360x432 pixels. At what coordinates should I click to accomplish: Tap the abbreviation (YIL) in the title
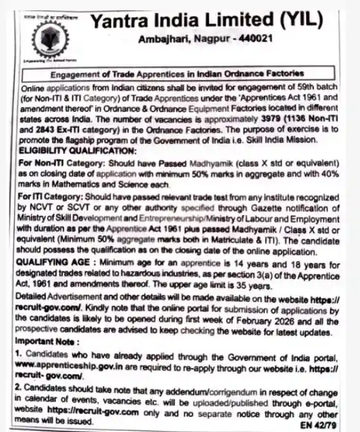286,21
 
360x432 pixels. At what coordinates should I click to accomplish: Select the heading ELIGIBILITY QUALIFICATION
79,150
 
